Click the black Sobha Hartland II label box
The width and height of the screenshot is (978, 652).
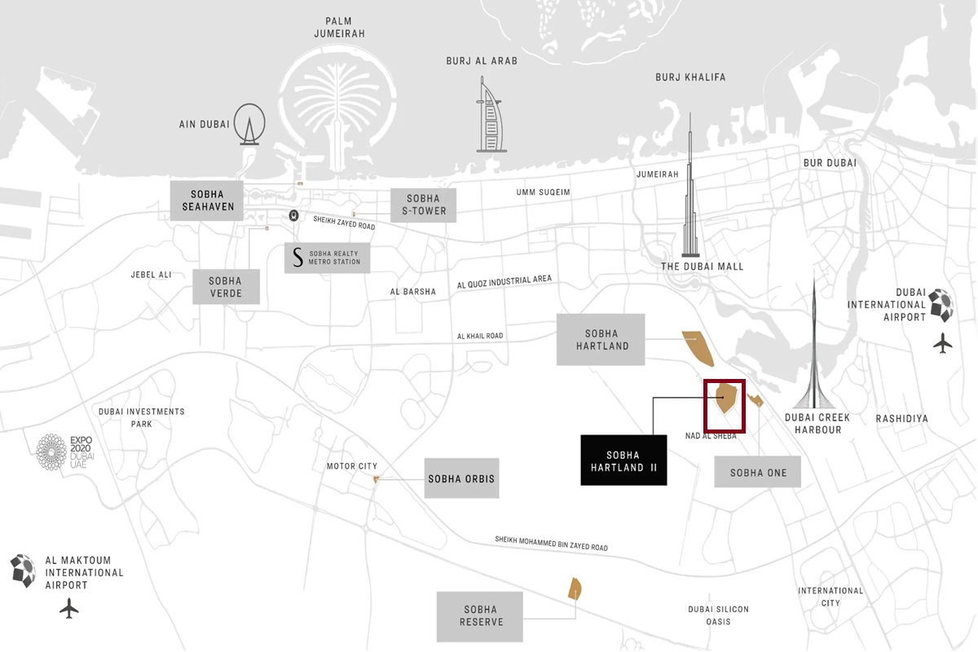click(x=623, y=461)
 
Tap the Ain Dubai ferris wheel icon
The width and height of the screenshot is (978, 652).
click(x=249, y=125)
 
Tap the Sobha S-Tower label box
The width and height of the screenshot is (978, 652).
click(x=423, y=205)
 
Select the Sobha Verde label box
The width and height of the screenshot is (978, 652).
click(x=226, y=287)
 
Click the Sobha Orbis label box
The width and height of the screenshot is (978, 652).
click(x=461, y=478)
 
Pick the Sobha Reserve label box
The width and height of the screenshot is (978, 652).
click(x=480, y=615)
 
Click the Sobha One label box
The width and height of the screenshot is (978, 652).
click(x=757, y=473)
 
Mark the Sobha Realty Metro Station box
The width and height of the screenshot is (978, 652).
click(x=327, y=258)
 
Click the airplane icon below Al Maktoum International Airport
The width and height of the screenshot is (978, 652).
click(x=69, y=607)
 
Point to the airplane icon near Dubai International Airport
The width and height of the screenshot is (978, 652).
click(x=943, y=343)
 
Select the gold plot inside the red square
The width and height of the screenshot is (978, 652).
click(x=725, y=399)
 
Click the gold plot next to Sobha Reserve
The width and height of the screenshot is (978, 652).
click(x=575, y=588)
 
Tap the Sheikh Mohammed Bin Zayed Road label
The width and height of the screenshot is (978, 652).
click(x=551, y=544)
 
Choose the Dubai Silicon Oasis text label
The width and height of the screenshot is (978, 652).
click(x=718, y=615)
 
